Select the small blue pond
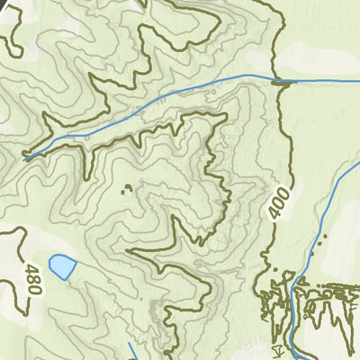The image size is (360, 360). click(x=61, y=266)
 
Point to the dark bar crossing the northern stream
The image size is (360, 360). click(x=283, y=82)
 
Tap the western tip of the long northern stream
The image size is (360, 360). click(x=25, y=157)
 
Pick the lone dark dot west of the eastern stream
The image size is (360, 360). click(x=311, y=254)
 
